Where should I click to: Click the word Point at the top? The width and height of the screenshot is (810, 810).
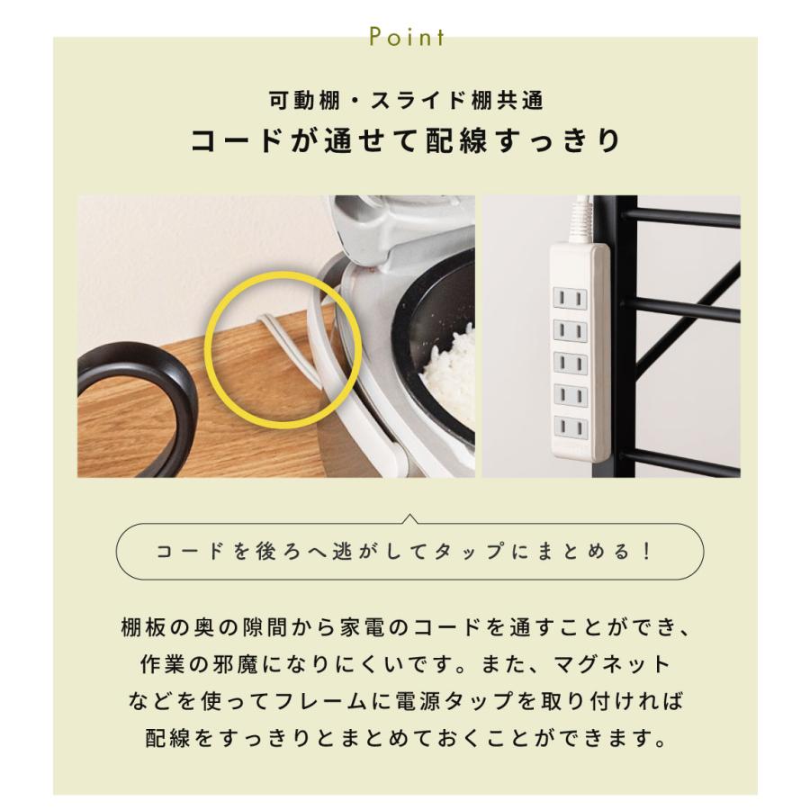coord(407,37)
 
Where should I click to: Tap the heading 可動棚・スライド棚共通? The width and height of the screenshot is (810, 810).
coord(406,100)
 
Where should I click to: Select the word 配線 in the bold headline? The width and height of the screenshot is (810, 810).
coord(456,140)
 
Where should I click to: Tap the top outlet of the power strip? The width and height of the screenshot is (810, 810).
coord(571,298)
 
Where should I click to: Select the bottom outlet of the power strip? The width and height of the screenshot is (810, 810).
coord(571,427)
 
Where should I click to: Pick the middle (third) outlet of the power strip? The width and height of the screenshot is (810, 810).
coord(571,363)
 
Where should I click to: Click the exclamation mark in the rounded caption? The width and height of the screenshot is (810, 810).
coord(648,551)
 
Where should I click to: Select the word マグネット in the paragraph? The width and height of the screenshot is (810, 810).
coord(613,664)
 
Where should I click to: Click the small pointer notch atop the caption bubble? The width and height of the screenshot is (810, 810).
coord(409,518)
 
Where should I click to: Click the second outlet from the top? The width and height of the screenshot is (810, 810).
coord(571,330)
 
